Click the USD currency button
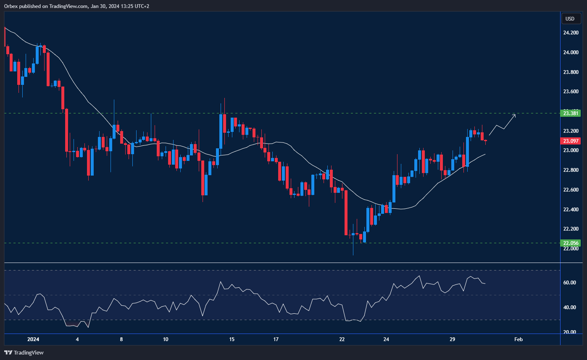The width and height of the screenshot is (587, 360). pyautogui.click(x=570, y=18)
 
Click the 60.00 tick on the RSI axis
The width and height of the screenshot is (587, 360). pyautogui.click(x=570, y=283)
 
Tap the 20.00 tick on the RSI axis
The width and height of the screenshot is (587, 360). pyautogui.click(x=570, y=332)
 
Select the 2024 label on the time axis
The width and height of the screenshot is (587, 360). pyautogui.click(x=33, y=339)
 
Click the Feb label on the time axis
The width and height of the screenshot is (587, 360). pyautogui.click(x=518, y=339)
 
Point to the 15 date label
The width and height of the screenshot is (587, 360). pyautogui.click(x=232, y=339)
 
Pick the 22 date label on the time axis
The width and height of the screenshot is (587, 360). pyautogui.click(x=342, y=339)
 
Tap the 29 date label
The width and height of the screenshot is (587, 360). pyautogui.click(x=453, y=339)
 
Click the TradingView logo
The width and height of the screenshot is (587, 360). pyautogui.click(x=24, y=352)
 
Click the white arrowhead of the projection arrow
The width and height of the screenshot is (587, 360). pyautogui.click(x=515, y=115)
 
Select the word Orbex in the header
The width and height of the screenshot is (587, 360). pyautogui.click(x=11, y=6)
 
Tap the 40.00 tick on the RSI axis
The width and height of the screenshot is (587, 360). pyautogui.click(x=570, y=307)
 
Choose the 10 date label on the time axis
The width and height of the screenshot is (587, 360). pyautogui.click(x=165, y=339)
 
